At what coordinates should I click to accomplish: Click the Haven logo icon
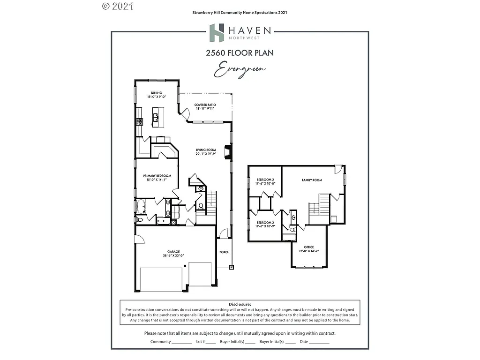pos(217,33)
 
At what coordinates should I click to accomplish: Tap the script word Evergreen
pos(240,70)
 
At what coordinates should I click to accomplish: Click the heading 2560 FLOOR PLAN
pos(240,53)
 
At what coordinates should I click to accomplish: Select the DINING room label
pos(157,92)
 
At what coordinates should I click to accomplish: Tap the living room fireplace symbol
pos(228,152)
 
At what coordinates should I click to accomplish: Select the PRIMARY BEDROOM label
pos(157,176)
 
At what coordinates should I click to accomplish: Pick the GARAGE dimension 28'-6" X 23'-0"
pos(173,255)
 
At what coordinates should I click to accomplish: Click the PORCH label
pos(225,252)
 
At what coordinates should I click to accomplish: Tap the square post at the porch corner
pos(231,267)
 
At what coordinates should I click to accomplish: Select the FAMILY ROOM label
pos(312,180)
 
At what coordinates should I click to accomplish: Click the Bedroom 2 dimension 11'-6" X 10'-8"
pos(265,183)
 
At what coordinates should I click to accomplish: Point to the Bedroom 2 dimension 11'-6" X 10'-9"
pos(265,226)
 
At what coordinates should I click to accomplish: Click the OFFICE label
pos(308,247)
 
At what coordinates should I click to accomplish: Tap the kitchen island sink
pos(155,117)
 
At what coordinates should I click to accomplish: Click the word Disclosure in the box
pos(240,304)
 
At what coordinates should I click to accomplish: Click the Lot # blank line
pos(211,342)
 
